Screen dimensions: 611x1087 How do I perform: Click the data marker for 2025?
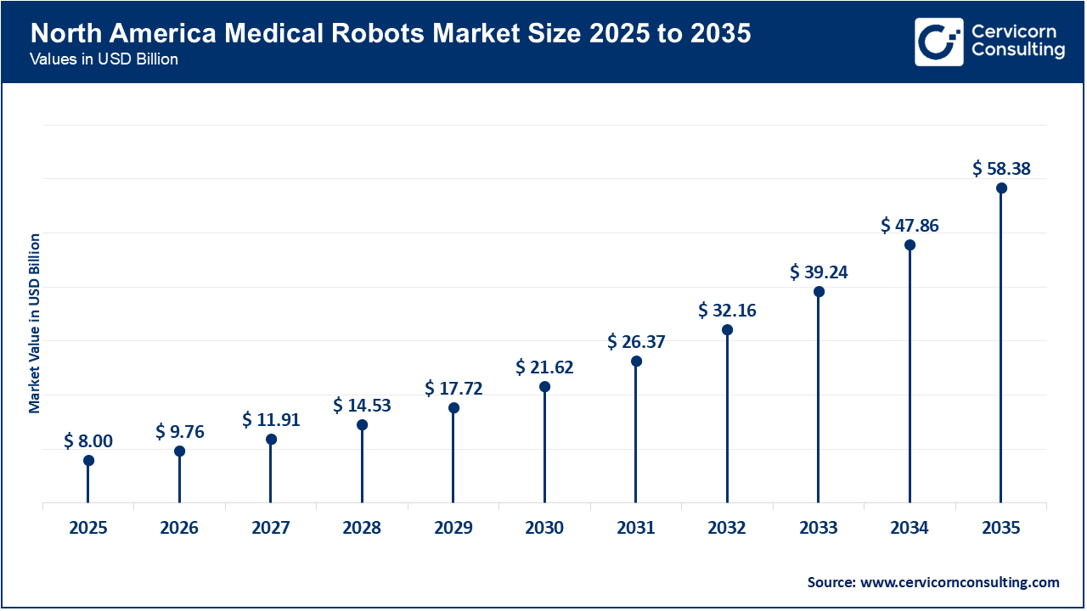88,461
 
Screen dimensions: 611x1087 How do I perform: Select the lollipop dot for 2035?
1001,188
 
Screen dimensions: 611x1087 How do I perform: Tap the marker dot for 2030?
544,387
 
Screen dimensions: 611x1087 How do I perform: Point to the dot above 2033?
819,292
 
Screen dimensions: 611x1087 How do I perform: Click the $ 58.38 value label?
1001,169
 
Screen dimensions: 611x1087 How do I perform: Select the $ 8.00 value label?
88,441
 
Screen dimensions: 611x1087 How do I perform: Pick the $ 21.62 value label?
544,367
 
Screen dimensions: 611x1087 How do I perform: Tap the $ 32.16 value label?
727,311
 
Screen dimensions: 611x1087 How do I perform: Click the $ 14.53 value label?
362,406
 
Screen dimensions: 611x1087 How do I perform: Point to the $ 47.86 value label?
910,226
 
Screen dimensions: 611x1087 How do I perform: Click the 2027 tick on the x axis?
271,528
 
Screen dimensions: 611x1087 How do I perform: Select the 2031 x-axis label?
636,528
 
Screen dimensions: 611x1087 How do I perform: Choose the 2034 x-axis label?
910,528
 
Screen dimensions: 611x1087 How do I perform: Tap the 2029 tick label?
453,528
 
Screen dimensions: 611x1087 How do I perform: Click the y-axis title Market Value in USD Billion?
35,322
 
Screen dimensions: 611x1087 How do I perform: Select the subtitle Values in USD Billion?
104,60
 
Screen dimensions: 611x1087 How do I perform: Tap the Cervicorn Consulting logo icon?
938,42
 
